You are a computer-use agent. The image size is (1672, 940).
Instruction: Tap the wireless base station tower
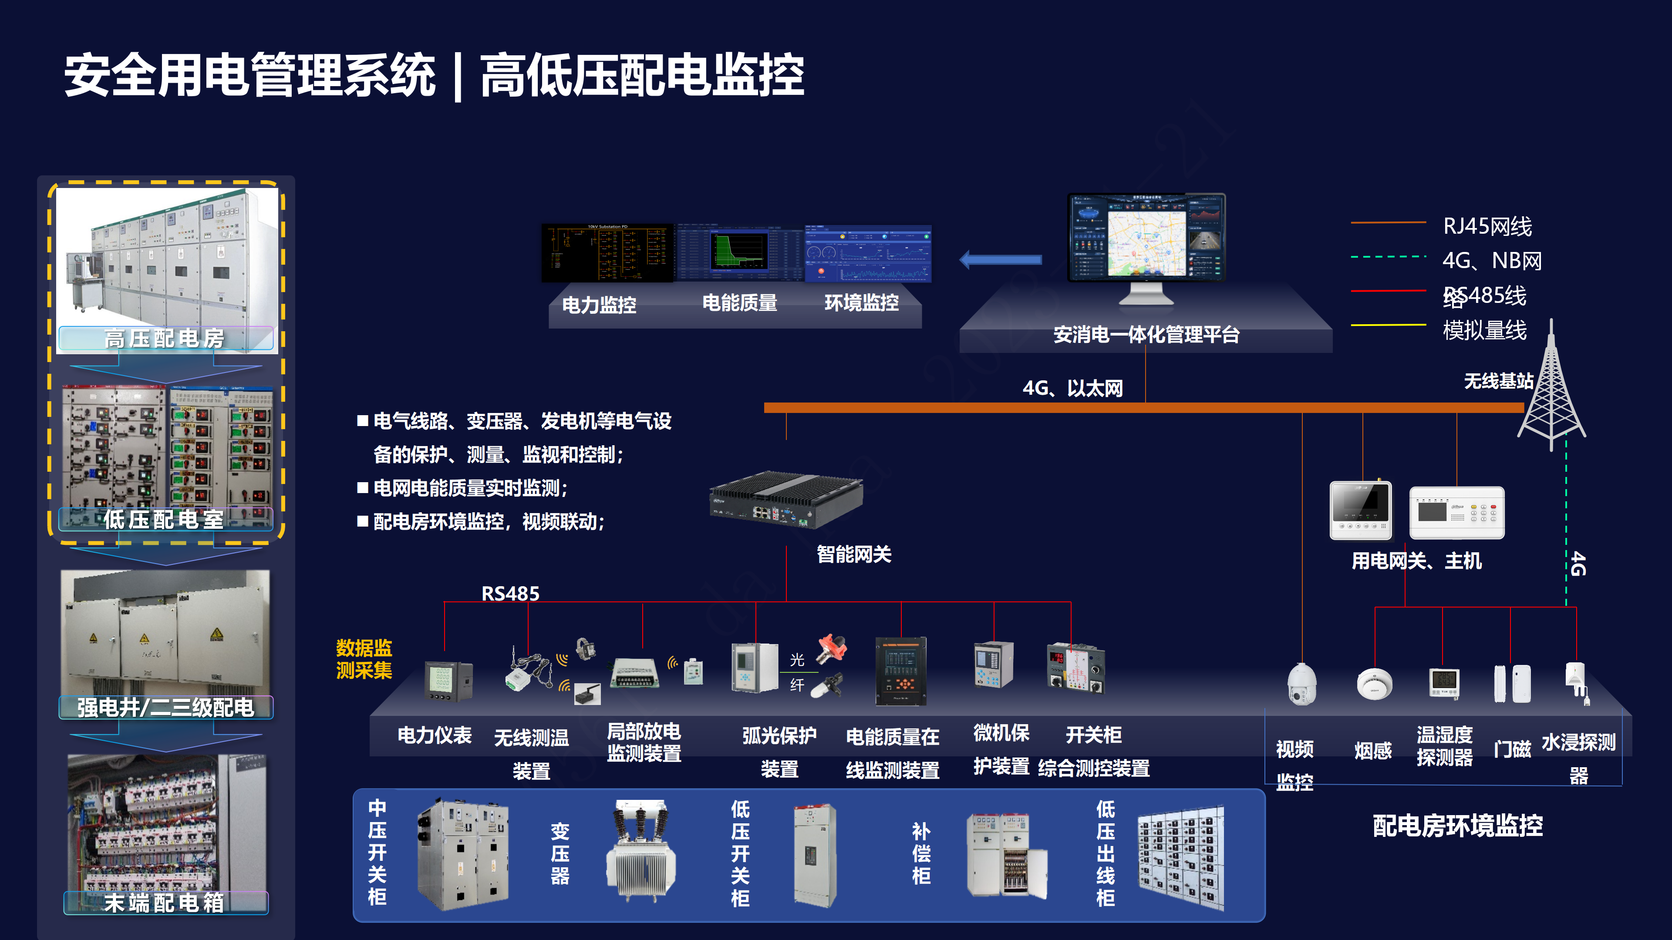click(1551, 389)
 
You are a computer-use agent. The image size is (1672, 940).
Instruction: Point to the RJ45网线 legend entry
click(1487, 226)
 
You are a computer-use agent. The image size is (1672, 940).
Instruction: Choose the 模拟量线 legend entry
click(1484, 330)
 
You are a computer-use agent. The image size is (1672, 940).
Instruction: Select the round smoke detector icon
click(1374, 684)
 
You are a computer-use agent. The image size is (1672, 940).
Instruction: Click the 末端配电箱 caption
click(165, 903)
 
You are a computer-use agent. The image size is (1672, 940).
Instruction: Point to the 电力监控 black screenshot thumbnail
click(607, 253)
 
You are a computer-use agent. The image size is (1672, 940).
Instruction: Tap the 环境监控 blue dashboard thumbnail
click(868, 253)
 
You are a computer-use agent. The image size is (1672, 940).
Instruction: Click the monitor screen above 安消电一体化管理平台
click(1146, 237)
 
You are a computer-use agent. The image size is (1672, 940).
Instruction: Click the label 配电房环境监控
click(1457, 826)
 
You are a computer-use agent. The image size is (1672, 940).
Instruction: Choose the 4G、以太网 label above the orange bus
click(1072, 388)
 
